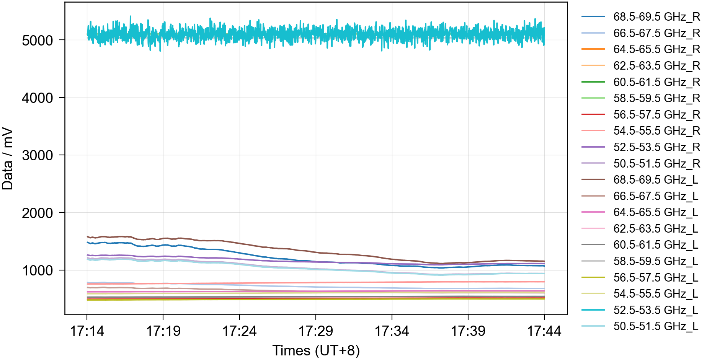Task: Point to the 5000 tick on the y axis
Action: tap(37, 41)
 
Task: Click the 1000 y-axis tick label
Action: tap(37, 270)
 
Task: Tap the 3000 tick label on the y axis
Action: tap(37, 155)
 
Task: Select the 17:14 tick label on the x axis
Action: tap(87, 331)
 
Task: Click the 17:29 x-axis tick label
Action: tap(315, 331)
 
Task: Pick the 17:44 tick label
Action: tap(544, 331)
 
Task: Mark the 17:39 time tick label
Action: tap(468, 331)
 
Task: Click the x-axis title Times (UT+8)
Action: tap(316, 350)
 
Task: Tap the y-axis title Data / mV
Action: tap(8, 159)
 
